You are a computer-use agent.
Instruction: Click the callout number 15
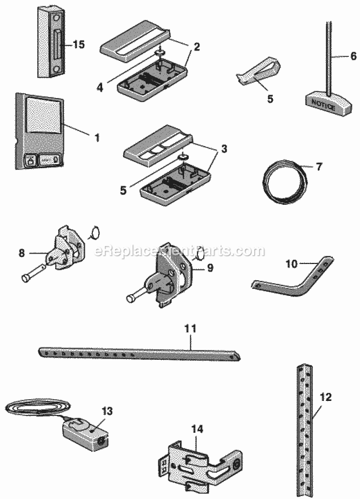click(x=78, y=44)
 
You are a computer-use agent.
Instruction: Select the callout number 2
click(x=197, y=47)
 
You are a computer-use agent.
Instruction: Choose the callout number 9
click(x=210, y=268)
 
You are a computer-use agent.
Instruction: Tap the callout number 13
click(x=106, y=411)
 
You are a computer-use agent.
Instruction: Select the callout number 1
click(x=97, y=138)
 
